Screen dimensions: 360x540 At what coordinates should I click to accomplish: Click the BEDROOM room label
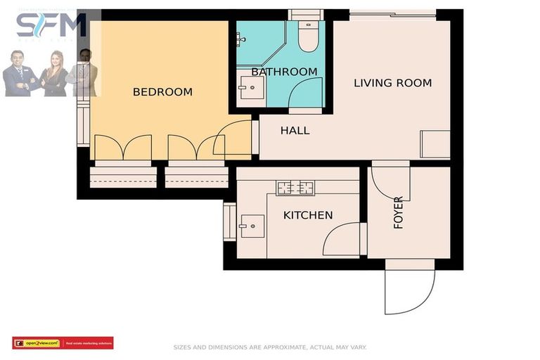point(162,92)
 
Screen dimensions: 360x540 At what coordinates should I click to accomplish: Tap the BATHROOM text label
point(284,72)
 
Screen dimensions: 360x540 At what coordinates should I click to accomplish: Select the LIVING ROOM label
point(392,83)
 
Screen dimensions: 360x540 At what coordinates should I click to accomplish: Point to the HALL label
point(295,131)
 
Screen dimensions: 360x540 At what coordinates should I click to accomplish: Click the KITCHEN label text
point(308,215)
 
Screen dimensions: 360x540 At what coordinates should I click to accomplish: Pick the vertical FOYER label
point(399,213)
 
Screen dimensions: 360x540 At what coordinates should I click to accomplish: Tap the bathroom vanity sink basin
point(247,89)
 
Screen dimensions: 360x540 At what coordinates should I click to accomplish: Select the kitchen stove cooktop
point(295,188)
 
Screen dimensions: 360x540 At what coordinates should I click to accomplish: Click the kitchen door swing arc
point(340,239)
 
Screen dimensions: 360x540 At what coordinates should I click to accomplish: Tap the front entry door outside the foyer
point(409,290)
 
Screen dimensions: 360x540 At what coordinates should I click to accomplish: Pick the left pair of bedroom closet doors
point(123,148)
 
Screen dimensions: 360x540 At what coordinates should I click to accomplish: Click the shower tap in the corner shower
point(241,39)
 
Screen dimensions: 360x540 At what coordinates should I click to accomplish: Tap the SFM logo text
point(51,27)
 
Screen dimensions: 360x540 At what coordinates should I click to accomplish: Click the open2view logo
point(37,343)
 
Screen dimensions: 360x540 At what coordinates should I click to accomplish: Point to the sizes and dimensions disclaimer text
point(270,347)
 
